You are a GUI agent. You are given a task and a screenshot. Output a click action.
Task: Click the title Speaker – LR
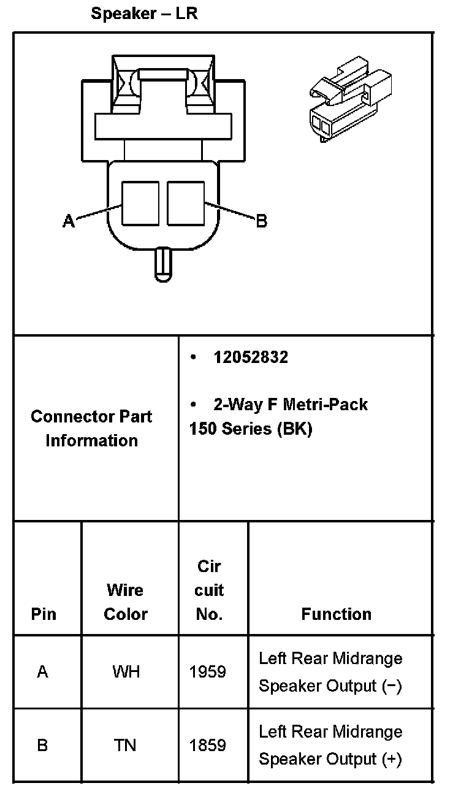144,13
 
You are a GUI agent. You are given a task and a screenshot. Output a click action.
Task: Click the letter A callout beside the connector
69,221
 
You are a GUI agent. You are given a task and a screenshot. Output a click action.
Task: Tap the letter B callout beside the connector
262,221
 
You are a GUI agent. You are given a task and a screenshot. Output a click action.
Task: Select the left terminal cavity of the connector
140,203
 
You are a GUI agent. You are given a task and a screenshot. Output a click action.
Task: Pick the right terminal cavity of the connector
186,203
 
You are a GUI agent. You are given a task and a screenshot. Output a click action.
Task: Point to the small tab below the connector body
163,264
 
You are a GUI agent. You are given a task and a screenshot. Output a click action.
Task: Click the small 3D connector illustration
349,98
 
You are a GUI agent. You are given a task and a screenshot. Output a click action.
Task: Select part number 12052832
250,357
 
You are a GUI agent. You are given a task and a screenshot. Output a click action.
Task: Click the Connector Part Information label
92,429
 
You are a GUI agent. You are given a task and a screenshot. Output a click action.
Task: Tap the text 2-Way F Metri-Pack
290,405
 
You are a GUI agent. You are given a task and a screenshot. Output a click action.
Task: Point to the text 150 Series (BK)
251,429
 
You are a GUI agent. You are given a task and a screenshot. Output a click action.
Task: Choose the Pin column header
44,614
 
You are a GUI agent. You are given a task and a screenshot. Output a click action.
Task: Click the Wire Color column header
126,602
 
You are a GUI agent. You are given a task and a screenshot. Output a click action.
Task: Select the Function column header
336,614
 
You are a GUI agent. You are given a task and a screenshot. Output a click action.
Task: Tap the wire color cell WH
126,672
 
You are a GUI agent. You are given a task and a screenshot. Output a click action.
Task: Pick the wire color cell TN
125,746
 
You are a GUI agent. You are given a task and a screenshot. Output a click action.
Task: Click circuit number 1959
208,672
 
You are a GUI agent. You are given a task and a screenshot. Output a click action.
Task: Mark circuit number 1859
208,746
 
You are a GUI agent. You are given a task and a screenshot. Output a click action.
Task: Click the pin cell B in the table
42,746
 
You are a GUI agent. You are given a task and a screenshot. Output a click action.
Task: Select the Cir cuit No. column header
209,590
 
